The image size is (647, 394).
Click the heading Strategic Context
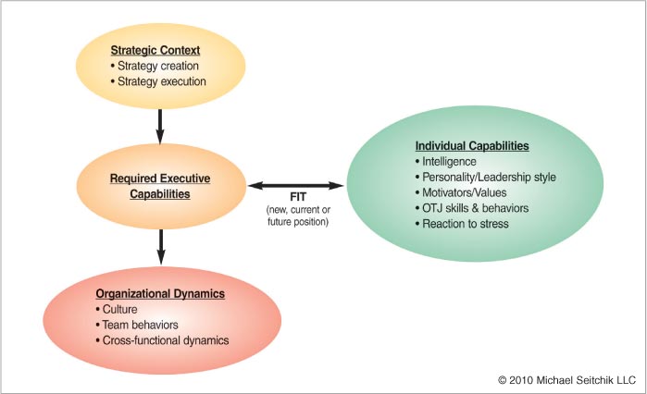click(x=156, y=50)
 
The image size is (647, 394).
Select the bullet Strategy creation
click(x=155, y=66)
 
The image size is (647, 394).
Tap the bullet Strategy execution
click(x=158, y=81)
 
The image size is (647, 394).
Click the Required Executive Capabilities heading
click(x=160, y=186)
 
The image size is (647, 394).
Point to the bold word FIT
click(x=298, y=197)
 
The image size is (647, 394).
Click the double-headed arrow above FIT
click(x=296, y=186)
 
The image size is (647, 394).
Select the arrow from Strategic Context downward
click(x=160, y=127)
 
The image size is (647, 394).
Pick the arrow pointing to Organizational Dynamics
click(x=161, y=247)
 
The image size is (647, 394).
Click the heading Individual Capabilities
click(x=472, y=146)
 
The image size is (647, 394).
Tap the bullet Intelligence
click(x=445, y=162)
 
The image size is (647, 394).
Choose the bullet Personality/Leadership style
click(x=486, y=178)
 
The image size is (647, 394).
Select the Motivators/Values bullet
click(x=461, y=193)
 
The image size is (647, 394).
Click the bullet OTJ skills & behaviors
click(x=472, y=208)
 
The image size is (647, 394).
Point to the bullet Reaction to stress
click(x=462, y=224)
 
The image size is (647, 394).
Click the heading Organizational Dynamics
click(x=160, y=294)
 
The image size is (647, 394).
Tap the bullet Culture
click(x=117, y=310)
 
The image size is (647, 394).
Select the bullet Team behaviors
click(x=137, y=326)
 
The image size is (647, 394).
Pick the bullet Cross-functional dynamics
click(x=162, y=340)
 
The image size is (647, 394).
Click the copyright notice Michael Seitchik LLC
click(x=567, y=380)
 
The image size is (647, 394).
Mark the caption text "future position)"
click(x=298, y=222)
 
